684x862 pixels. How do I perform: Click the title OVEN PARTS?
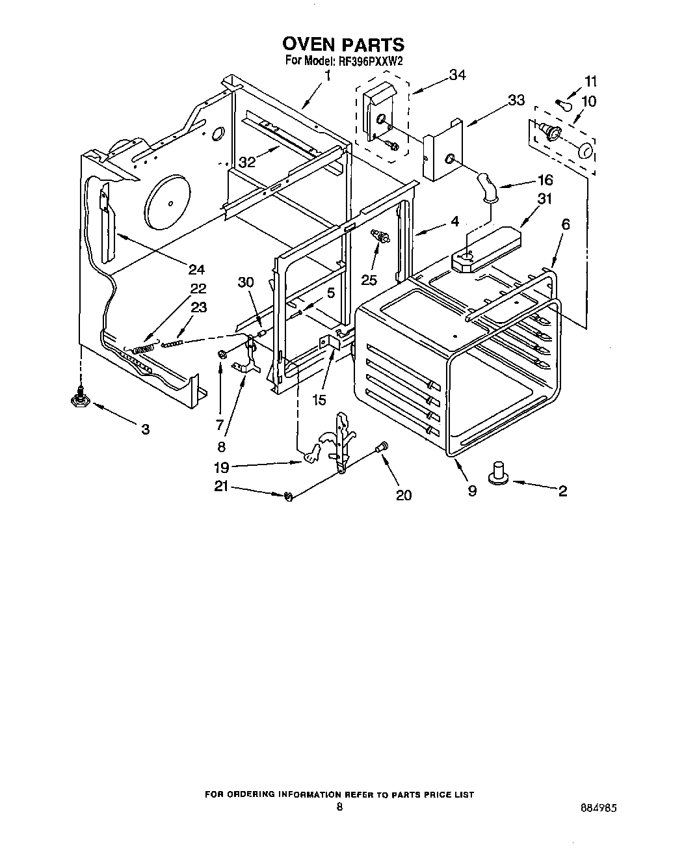click(x=343, y=44)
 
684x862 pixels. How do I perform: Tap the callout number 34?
click(x=457, y=75)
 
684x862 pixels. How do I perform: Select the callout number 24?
click(x=196, y=269)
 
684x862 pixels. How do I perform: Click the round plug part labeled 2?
click(x=499, y=473)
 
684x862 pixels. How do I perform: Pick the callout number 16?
click(x=544, y=180)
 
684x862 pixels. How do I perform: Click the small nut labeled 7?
click(x=222, y=354)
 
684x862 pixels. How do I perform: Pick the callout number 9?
click(x=472, y=491)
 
